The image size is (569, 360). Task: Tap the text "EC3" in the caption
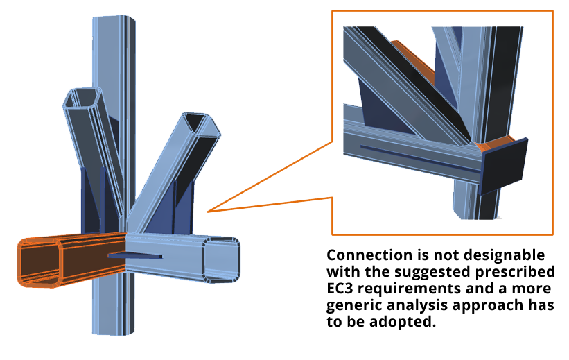tap(340, 289)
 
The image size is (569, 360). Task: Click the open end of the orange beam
tap(40, 262)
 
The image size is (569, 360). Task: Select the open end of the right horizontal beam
tap(221, 259)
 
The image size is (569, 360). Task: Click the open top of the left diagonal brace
tap(82, 97)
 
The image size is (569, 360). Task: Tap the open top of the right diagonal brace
tap(202, 126)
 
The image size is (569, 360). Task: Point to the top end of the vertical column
tap(114, 17)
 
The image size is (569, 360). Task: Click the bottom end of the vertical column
tap(113, 332)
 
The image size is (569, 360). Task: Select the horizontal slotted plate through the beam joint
tap(135, 256)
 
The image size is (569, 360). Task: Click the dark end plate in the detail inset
tap(504, 166)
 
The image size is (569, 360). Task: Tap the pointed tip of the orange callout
tap(208, 212)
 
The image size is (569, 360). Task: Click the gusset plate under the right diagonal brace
tap(173, 211)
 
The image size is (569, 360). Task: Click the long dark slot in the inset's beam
tap(419, 159)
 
